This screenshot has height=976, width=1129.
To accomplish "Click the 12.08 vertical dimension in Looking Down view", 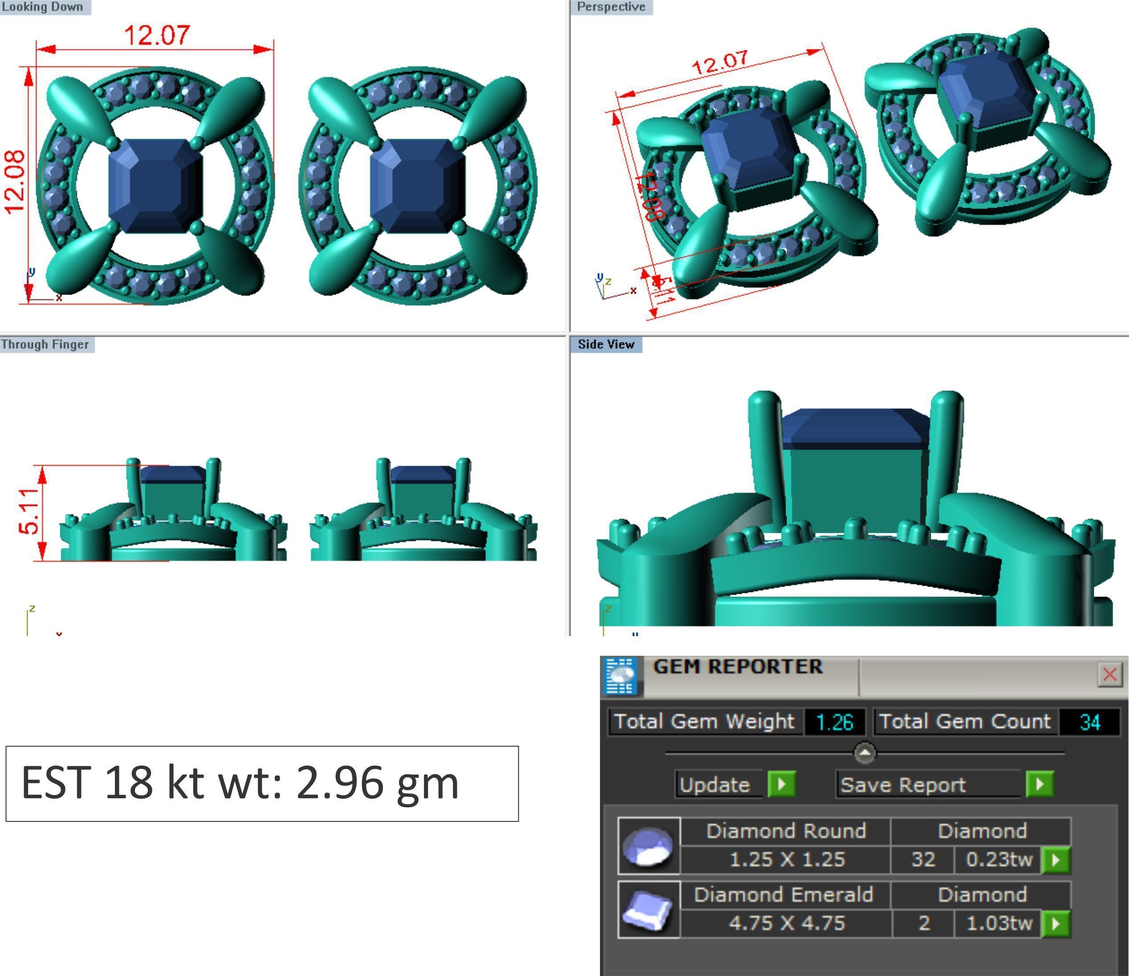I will click(x=15, y=182).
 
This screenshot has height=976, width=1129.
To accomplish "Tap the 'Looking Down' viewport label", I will click(x=42, y=7).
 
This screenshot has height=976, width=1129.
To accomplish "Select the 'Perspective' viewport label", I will click(x=611, y=7).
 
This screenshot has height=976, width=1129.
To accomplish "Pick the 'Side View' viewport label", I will click(x=606, y=344).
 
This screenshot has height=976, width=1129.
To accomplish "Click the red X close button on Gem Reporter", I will click(x=1109, y=674).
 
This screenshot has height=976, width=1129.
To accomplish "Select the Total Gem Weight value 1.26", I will click(x=834, y=722).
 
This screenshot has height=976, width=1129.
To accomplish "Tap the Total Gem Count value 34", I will click(x=1089, y=722).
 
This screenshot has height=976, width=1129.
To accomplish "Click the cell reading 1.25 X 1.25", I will click(x=786, y=859).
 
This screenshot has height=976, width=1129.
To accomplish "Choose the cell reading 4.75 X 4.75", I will click(x=786, y=923).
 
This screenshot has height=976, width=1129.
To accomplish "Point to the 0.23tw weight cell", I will click(x=998, y=859).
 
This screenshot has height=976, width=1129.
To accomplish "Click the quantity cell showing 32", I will click(x=923, y=859).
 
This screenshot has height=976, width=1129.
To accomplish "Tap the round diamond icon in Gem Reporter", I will click(x=648, y=846).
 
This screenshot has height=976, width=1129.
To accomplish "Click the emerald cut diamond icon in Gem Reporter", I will click(x=648, y=910).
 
